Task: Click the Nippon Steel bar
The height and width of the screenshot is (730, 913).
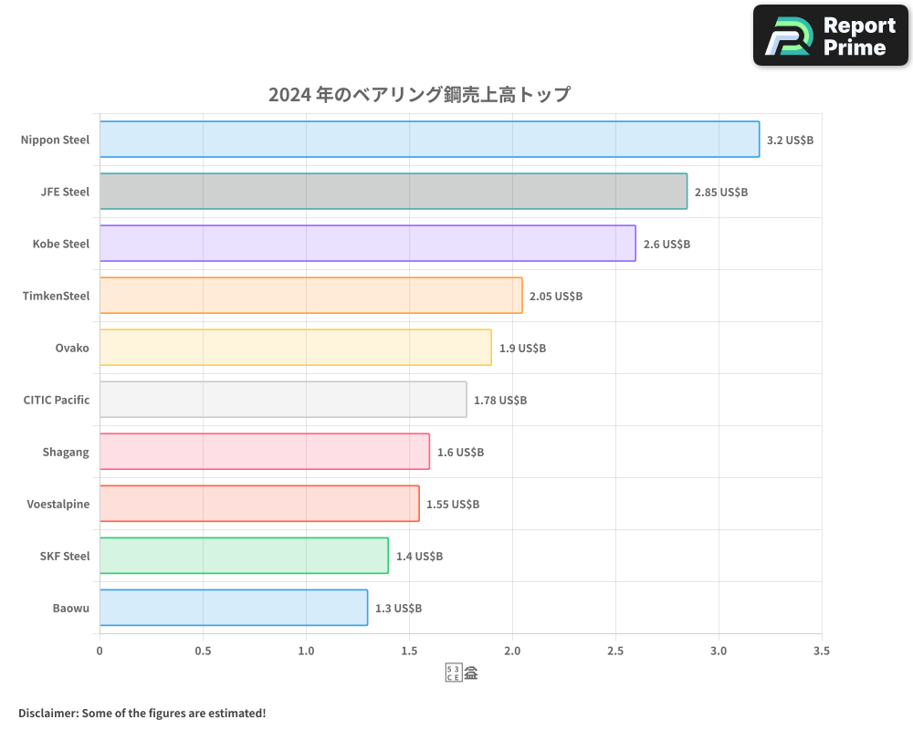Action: tap(429, 140)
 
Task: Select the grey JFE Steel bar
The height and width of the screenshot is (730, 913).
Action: tap(393, 192)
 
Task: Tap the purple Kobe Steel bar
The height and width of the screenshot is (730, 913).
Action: tap(367, 244)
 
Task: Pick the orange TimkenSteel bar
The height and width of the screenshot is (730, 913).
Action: tap(310, 296)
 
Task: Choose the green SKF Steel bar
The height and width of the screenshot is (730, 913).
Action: tap(244, 556)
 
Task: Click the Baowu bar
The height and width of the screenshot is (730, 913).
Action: tap(233, 608)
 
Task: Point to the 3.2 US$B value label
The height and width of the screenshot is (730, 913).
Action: tap(790, 141)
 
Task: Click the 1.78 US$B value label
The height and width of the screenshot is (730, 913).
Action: tap(499, 401)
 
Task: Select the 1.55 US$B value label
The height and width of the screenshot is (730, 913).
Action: tap(452, 505)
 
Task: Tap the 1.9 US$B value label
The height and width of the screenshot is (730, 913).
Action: tap(522, 349)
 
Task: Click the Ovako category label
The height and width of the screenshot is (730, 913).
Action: tap(72, 348)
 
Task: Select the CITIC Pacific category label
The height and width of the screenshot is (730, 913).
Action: tap(57, 400)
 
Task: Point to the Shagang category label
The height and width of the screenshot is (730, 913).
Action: tap(66, 452)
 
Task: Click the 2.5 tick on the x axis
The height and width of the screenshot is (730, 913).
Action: tap(615, 651)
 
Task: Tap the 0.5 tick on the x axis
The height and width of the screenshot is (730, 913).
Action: tap(203, 651)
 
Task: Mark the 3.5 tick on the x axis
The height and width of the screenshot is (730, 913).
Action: tap(822, 651)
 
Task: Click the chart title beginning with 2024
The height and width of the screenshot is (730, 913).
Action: tap(419, 94)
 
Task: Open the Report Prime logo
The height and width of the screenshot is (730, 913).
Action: tap(830, 36)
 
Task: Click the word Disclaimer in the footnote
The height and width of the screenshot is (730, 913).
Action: tap(47, 713)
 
